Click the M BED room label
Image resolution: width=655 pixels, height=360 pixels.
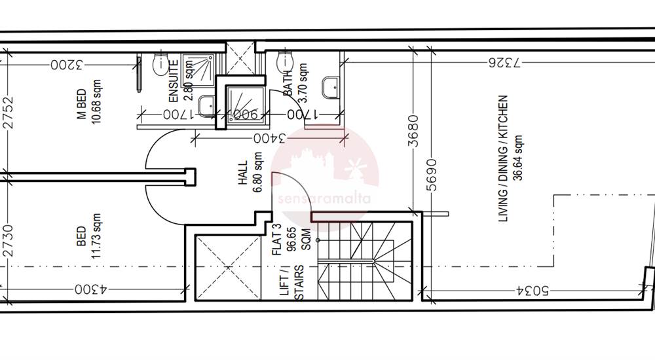point(82,103)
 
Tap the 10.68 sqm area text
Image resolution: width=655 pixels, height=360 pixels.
point(96,102)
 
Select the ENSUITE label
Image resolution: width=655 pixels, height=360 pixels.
point(174,81)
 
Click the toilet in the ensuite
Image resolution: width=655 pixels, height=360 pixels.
point(160,64)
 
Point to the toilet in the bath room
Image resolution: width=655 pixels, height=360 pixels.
point(284,62)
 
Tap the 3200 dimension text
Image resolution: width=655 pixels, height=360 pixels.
point(67,65)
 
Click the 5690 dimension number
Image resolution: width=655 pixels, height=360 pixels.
point(432,175)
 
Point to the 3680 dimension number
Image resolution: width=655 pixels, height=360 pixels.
point(413,131)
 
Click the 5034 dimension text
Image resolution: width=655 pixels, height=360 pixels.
point(532,290)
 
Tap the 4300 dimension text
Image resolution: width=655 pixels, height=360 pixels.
point(91,289)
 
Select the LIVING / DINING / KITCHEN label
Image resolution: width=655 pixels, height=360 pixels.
point(503,158)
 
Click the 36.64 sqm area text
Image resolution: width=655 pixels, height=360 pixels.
point(518,158)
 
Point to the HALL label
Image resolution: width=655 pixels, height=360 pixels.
point(243,173)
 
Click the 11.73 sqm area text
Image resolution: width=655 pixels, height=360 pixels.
point(96,236)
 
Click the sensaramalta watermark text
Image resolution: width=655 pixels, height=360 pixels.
point(324,198)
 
